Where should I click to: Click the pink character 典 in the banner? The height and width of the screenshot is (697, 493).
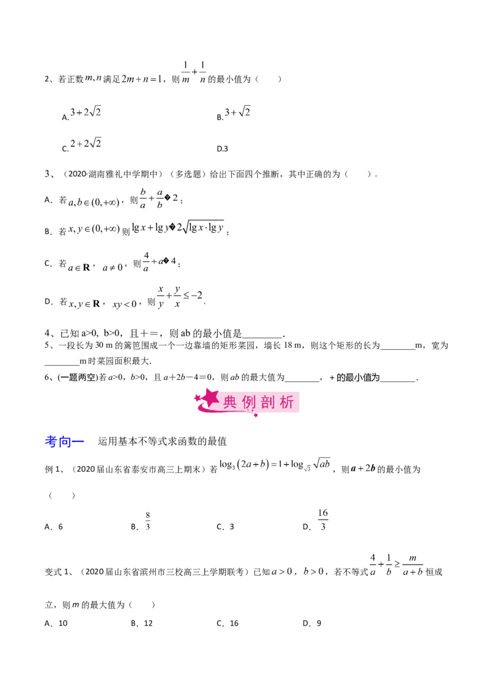click(230, 402)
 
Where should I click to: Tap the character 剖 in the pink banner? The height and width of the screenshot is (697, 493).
click(269, 402)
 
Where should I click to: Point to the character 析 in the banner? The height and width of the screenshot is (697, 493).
click(288, 402)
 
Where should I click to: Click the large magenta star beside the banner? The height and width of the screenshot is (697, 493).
click(211, 398)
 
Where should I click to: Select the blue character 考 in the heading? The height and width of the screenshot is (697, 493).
click(52, 441)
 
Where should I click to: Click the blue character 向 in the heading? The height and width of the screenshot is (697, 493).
click(67, 441)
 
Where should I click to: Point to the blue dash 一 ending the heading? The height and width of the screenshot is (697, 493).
click(81, 441)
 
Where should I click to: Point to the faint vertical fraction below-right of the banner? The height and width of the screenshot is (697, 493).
click(324, 520)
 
